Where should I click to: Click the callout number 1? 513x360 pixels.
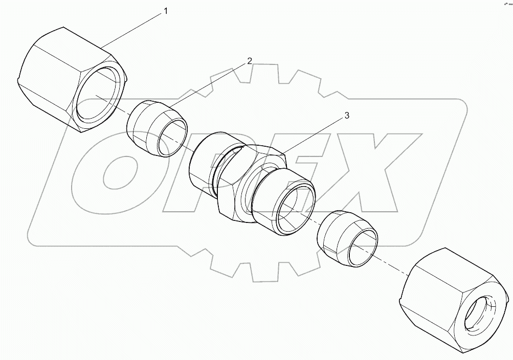[x=165, y=11]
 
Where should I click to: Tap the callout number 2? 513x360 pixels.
[x=250, y=61]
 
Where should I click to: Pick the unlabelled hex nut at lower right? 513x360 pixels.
[x=450, y=302]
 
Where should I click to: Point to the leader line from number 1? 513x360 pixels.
[x=133, y=30]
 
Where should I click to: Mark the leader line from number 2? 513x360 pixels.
[x=210, y=84]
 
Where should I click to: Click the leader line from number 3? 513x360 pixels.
[x=315, y=134]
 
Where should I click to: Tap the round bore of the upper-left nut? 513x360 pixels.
[x=100, y=95]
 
